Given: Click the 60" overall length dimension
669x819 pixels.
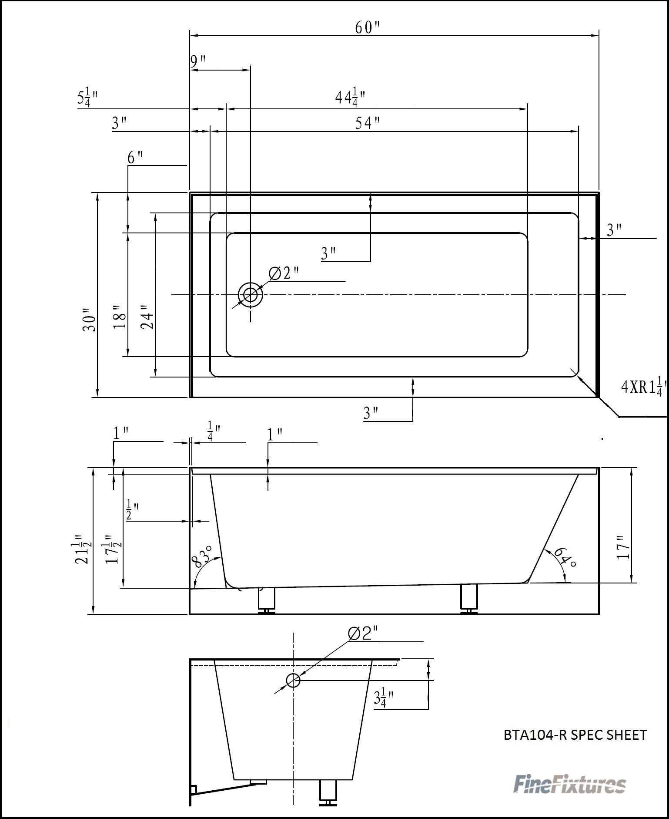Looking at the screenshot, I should click(x=367, y=27).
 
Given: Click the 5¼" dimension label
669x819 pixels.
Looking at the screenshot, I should click(x=87, y=98).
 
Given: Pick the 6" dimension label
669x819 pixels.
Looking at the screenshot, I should click(x=135, y=158).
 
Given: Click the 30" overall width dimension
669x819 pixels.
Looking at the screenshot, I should click(x=90, y=320).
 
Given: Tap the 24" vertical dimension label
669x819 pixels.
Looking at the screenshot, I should click(x=147, y=317).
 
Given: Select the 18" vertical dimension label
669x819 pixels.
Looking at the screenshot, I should click(x=120, y=317).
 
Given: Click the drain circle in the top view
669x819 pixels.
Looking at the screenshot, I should click(x=250, y=295).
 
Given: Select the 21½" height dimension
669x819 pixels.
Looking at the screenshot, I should click(x=83, y=549).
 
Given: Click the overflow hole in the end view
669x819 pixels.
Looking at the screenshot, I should click(x=293, y=680).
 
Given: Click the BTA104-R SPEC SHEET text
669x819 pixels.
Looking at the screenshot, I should click(x=575, y=735).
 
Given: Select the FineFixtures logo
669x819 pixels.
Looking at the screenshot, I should click(x=570, y=784).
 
